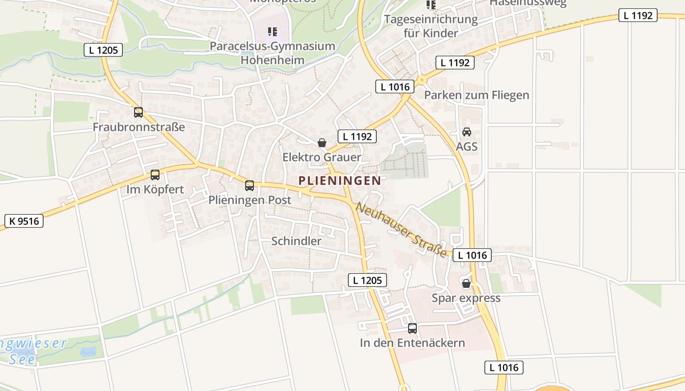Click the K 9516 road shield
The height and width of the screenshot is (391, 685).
(x=24, y=221)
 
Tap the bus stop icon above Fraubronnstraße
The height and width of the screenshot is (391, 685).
(x=138, y=112)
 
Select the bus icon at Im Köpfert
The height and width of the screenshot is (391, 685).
(x=155, y=174)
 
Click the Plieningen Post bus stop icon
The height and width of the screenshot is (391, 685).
(x=250, y=185)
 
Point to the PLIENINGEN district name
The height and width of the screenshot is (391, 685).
(x=340, y=180)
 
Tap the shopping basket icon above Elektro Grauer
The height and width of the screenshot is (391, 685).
(x=322, y=143)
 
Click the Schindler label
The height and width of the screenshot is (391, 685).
(x=296, y=241)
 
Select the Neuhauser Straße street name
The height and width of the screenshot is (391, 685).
(x=401, y=229)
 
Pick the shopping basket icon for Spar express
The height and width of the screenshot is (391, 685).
(x=466, y=283)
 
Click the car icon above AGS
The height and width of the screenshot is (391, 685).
(x=467, y=132)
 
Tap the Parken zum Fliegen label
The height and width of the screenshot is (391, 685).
(x=476, y=95)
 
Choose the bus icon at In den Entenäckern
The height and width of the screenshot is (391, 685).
(x=412, y=328)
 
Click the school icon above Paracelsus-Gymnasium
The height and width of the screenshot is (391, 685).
(x=273, y=32)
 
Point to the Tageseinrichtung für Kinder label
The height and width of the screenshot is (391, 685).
(x=431, y=26)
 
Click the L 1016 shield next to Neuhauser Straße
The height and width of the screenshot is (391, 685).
(x=472, y=255)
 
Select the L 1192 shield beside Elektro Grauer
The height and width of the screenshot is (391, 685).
(x=357, y=136)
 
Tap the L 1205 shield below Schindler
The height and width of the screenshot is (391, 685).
(x=367, y=280)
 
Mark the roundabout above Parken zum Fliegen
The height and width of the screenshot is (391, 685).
(x=421, y=80)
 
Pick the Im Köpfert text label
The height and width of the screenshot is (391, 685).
(x=155, y=189)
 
